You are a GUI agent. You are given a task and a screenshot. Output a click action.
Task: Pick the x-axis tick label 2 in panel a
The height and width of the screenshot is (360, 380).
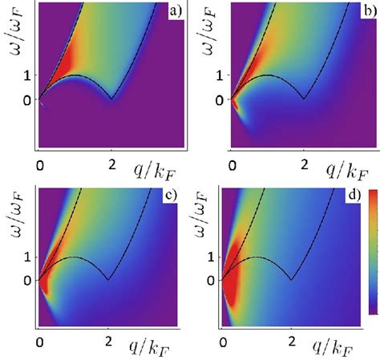pos(113,164)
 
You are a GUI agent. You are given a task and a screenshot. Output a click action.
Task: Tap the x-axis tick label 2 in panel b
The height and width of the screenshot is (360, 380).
pos(303,164)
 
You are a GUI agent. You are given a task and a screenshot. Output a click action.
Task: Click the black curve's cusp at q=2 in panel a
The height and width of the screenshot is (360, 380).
pos(113,99)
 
